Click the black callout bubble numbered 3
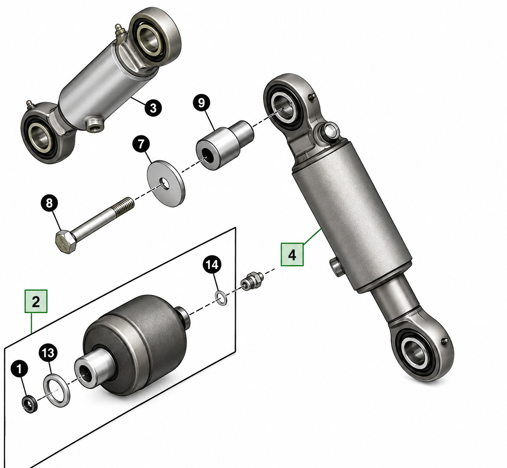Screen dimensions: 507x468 tap(153, 108)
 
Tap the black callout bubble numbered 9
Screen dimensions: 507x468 tap(202, 103)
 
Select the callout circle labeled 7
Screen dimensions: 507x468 tap(141, 144)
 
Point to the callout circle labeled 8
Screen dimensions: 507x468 tap(49, 203)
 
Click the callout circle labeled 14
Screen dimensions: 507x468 tap(212, 265)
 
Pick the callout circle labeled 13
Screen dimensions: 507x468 tap(48, 353)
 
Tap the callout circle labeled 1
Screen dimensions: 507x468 tap(19, 369)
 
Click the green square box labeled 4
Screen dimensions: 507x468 tap(292, 254)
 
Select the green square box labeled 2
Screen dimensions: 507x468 tap(36, 301)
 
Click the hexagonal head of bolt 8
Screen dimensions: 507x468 tap(65, 241)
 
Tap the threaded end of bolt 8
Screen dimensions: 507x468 tap(124, 206)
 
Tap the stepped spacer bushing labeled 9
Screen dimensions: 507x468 tap(225, 145)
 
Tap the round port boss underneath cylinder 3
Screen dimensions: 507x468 tap(94, 124)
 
